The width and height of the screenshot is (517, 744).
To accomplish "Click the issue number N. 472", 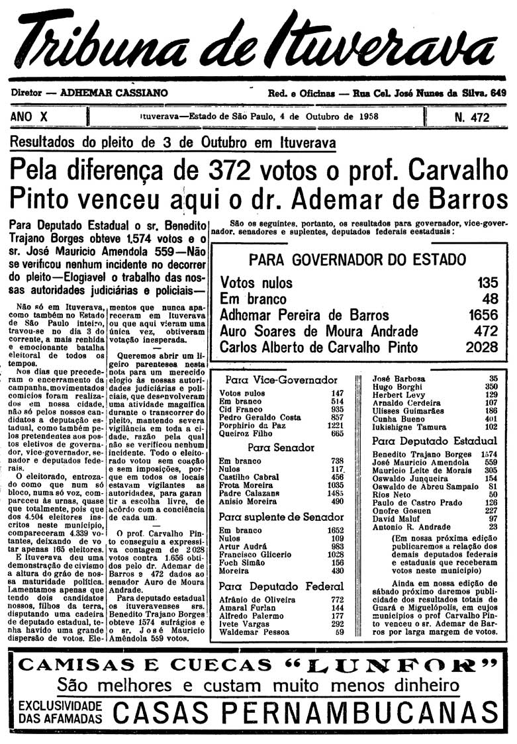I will pyautogui.click(x=471, y=118).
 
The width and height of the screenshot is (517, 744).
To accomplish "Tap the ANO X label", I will pyautogui.click(x=30, y=117).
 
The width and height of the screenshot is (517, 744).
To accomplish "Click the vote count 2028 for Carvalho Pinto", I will pyautogui.click(x=478, y=347).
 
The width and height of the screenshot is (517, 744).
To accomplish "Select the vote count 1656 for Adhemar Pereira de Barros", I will pyautogui.click(x=478, y=314).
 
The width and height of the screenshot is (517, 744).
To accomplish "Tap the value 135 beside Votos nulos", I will pyautogui.click(x=487, y=283).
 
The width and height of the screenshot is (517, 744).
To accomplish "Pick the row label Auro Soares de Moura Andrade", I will pyautogui.click(x=318, y=331).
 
